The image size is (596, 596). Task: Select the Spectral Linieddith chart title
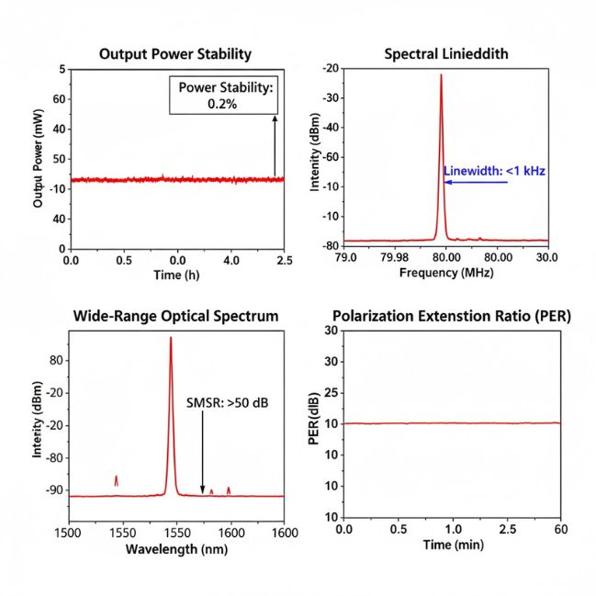(445, 54)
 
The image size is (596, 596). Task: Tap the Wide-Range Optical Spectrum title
(175, 316)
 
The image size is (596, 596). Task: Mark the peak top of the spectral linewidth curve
(441, 76)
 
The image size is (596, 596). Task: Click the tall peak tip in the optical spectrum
(170, 339)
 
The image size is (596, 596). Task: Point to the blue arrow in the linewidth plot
(476, 182)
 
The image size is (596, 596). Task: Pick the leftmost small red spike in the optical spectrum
(117, 480)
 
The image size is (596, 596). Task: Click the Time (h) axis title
(175, 276)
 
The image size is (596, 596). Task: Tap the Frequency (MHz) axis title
(447, 274)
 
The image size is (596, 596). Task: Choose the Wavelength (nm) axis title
(175, 549)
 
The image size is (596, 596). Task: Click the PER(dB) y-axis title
(313, 418)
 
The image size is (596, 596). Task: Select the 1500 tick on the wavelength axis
(71, 531)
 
